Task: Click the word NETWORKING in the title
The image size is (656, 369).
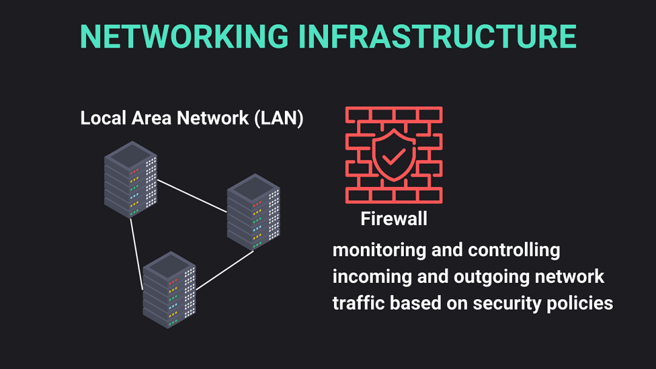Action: pos(184,37)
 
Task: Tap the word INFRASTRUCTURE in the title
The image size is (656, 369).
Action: pos(437,37)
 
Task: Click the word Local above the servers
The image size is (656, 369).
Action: pos(102,118)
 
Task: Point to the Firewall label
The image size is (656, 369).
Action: pos(394,218)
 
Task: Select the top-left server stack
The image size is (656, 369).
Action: pos(131,179)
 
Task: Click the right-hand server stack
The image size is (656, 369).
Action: pos(253,212)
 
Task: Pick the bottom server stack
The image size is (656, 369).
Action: pos(169,289)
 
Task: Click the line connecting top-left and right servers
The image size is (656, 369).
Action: pos(192,195)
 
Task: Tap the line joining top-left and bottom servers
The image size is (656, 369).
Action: pos(137,254)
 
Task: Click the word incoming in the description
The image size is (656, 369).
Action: pos(371,277)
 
